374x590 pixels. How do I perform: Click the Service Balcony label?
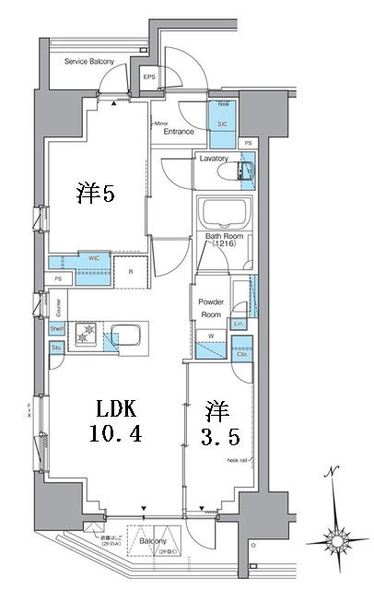point(88,62)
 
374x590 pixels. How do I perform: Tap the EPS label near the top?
point(149,77)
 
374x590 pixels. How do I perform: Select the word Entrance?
point(179,132)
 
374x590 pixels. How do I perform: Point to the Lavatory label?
point(214,159)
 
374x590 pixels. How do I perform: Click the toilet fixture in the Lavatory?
point(245,171)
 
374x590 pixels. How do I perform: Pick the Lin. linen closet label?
point(239,324)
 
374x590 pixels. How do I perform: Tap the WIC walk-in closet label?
point(95,258)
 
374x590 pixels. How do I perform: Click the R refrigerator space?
point(130,271)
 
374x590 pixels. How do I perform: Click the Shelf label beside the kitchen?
point(55,329)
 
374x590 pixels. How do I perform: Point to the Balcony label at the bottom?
point(154,541)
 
